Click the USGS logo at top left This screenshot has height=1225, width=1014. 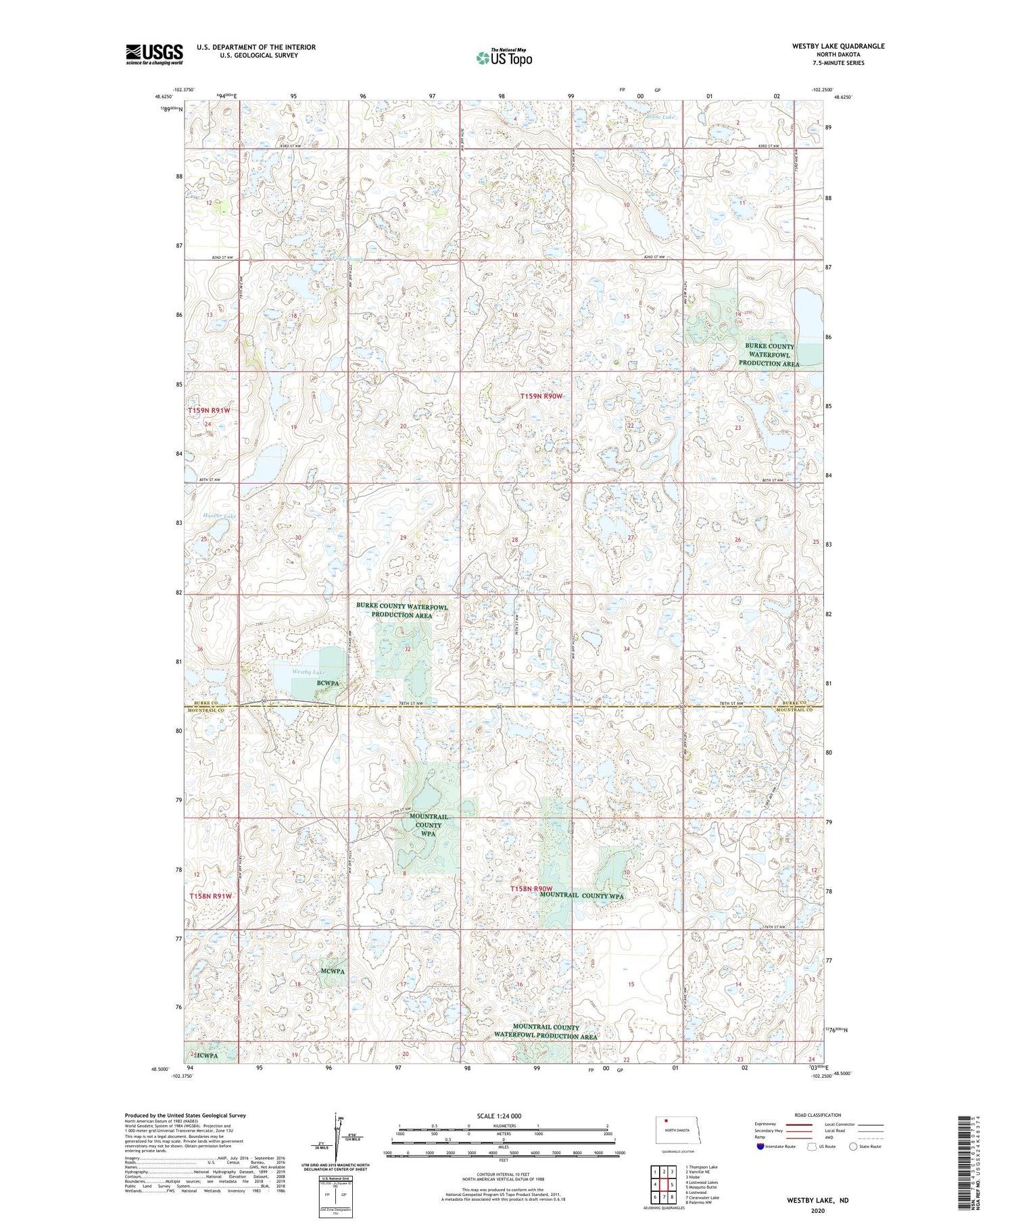coord(154,54)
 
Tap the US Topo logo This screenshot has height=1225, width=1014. coord(504,58)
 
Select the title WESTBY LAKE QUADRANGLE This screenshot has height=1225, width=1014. coord(838,46)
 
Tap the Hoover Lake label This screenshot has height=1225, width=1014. coord(220,516)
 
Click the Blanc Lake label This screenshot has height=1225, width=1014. coord(660,117)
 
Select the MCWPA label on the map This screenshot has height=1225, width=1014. coord(333,971)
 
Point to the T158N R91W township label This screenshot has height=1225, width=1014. coord(210,895)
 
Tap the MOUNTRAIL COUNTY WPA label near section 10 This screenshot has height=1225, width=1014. coord(581,895)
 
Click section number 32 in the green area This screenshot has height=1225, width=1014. coord(408,649)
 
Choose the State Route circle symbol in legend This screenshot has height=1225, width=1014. coord(852,1147)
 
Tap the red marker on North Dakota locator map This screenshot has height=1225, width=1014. coord(666,1119)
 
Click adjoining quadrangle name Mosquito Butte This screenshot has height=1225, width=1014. coord(702,1187)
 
